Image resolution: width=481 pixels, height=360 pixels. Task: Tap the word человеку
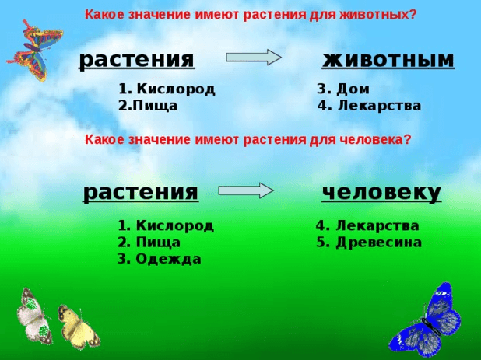pos(381,192)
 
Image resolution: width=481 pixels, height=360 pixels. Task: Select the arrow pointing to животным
pos(254,59)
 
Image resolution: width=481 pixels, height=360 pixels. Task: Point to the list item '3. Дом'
pos(342,89)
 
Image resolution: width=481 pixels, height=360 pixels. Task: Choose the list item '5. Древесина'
pos(369,242)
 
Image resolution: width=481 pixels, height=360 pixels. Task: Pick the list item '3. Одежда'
pos(159,259)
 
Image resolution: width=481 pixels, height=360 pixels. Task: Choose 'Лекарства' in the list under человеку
pos(378,225)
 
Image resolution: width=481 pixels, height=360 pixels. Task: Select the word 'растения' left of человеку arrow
pos(141,192)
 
